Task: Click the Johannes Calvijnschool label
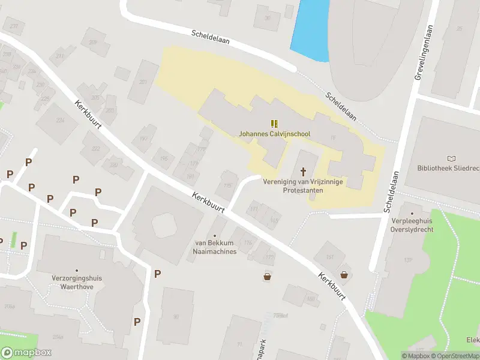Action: pos(274,134)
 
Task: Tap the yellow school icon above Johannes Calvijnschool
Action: pos(274,124)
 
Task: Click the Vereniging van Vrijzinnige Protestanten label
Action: pos(303,186)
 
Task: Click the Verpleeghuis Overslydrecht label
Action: pos(412,225)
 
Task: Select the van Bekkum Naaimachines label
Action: pos(215,247)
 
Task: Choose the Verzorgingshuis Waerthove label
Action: pos(77,283)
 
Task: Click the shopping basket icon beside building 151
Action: pos(344,275)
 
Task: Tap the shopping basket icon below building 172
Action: pos(267,277)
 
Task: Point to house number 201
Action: pos(143,82)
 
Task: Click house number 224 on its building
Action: pos(60,120)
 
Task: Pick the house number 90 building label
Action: pos(176,316)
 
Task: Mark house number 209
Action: pos(92,42)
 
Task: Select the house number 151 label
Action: pos(329,257)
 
